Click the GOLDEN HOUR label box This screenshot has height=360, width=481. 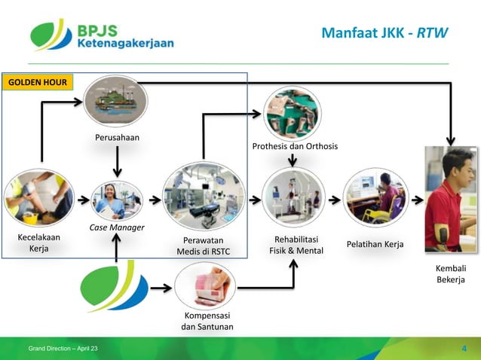pos(37,81)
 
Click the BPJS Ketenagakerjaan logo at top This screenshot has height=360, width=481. pos(102,36)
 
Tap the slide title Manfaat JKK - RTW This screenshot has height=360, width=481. pos(384,33)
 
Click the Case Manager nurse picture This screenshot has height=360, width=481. pos(116,200)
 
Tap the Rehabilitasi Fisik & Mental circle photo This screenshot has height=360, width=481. pos(293,199)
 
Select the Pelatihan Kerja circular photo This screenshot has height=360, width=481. pos(375,199)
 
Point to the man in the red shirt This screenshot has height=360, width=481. pos(452,200)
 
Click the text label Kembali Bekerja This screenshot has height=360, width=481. pos(452,274)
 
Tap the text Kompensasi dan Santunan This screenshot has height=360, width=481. pos(207,321)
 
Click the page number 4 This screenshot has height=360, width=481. pos(464,348)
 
